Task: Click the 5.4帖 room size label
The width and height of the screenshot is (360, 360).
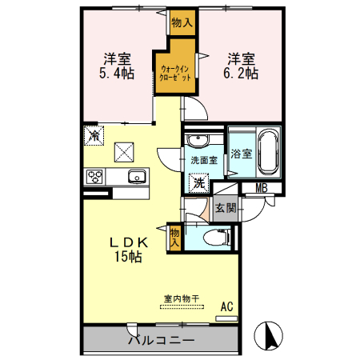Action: point(117,73)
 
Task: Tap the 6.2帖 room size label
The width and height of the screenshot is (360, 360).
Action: point(241,73)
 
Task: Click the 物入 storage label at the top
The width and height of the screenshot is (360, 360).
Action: point(182,23)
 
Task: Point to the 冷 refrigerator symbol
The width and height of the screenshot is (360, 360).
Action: point(94,135)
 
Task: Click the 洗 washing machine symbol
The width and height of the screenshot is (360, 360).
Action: point(198,182)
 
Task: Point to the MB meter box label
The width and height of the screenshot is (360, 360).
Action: point(261,189)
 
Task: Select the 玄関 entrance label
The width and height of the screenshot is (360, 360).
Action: point(225,209)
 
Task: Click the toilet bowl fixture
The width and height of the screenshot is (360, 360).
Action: point(214,237)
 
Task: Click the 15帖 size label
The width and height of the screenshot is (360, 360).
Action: point(127,258)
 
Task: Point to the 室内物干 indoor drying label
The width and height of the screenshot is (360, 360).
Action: point(182,299)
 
